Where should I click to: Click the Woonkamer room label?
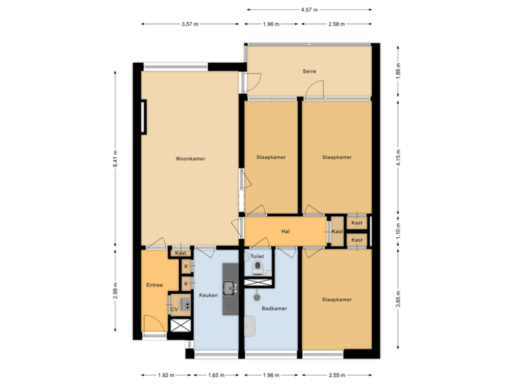click(190, 158)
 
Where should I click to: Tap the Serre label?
click(309, 71)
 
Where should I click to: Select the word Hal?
click(285, 232)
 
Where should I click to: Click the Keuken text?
click(208, 294)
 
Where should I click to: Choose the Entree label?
click(155, 285)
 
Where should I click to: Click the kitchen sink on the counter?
click(229, 288)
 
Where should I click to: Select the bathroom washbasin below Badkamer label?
click(250, 326)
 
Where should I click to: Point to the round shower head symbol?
click(257, 293)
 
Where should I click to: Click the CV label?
click(174, 309)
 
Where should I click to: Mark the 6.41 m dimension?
click(115, 158)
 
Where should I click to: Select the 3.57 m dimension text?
click(190, 24)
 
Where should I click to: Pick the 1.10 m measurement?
click(398, 231)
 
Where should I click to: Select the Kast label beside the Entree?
click(181, 253)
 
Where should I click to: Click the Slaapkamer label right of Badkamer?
click(336, 299)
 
